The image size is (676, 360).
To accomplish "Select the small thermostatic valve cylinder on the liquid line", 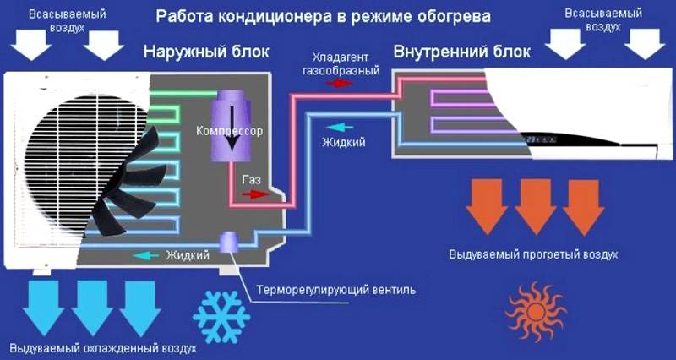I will [x=229, y=242].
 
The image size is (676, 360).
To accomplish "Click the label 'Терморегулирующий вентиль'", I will [x=337, y=290].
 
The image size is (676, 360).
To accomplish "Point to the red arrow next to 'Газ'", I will [x=253, y=194].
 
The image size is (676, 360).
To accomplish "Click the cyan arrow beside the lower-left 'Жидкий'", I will [x=146, y=253].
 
